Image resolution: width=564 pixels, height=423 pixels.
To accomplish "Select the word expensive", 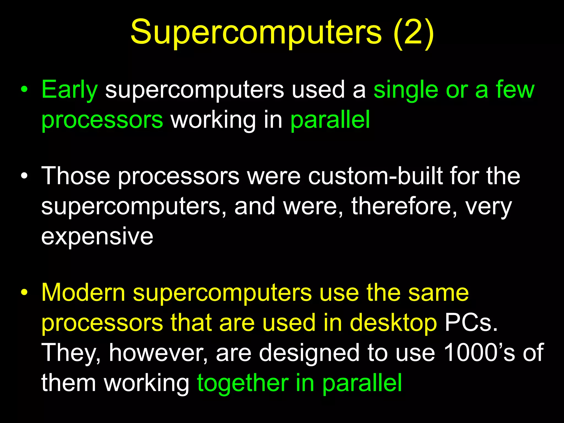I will [x=97, y=236].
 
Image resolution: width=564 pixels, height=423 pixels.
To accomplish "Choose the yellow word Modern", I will [x=83, y=293].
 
